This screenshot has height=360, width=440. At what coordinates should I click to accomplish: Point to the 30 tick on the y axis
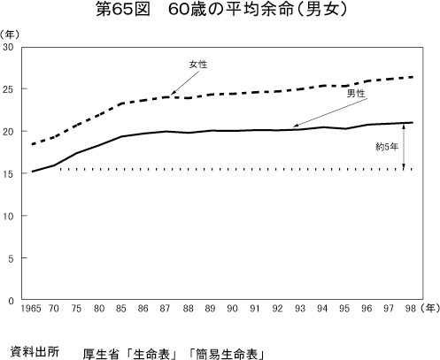click(9, 47)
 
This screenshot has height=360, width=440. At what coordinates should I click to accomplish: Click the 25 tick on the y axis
click(9, 89)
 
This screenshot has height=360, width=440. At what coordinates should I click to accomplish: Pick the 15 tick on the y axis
click(9, 174)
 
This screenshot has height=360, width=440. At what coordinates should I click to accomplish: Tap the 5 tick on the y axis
click(12, 258)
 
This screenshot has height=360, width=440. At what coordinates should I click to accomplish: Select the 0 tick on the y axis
click(12, 301)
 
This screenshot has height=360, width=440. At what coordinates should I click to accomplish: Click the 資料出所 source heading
click(34, 349)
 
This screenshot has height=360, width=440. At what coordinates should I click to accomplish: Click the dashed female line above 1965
click(33, 144)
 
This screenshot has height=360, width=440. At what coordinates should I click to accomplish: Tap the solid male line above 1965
click(33, 172)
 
